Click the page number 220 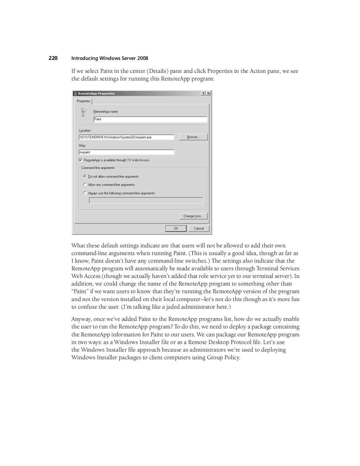tap(53, 58)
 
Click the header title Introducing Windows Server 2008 tap(110, 58)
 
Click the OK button tap(176, 229)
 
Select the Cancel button tap(199, 229)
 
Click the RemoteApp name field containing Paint tap(150, 119)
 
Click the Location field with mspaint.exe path tap(126, 137)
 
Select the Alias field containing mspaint tap(126, 152)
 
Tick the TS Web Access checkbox tap(81, 160)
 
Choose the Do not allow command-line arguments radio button tap(85, 176)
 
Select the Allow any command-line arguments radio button tap(85, 184)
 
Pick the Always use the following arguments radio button tap(85, 193)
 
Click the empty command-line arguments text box tap(146, 200)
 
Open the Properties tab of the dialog tap(84, 101)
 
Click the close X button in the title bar tap(208, 94)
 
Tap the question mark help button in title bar tap(204, 94)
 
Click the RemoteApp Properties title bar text tap(96, 94)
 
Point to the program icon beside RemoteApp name tap(83, 112)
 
